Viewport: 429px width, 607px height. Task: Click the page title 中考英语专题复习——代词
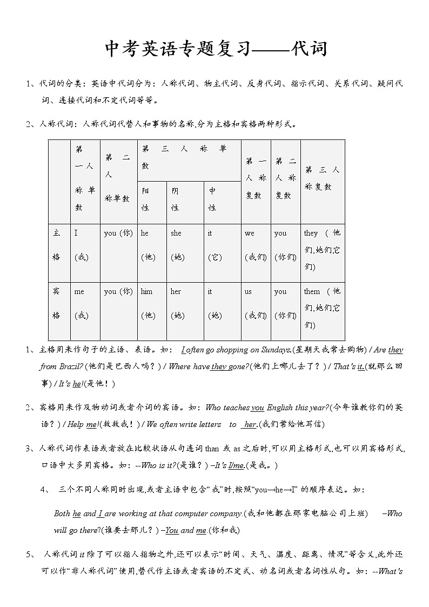click(215, 50)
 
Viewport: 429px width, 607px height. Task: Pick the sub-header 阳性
click(146, 199)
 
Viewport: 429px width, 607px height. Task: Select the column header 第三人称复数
click(322, 178)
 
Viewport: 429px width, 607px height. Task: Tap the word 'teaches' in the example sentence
click(236, 408)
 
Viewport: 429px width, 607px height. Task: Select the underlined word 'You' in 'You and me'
click(171, 530)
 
